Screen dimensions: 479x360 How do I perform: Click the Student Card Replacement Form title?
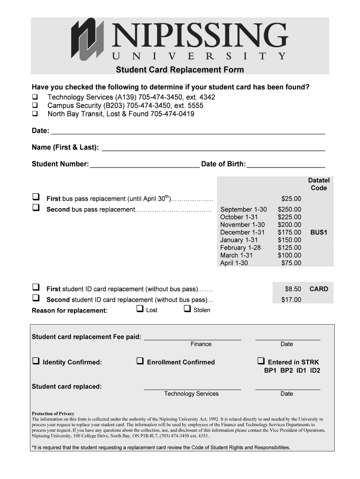pos(180,70)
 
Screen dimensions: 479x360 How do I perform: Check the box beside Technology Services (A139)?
pos(35,97)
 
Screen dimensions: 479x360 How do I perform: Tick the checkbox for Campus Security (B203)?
pos(35,106)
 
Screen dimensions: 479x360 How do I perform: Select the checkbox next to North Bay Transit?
pos(35,114)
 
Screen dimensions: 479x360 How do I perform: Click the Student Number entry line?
pos(144,164)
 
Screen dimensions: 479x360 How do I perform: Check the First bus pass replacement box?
pos(36,197)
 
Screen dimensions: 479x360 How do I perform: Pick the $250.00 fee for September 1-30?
pos(289,210)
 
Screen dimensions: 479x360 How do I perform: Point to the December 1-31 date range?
pos(242,232)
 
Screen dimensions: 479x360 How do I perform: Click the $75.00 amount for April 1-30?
pos(291,263)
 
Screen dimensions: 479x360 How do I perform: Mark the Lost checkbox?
pos(140,309)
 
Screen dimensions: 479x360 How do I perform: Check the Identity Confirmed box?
pos(36,361)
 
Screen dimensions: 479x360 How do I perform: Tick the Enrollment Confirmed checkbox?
pos(140,361)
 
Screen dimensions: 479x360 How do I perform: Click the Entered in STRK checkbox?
pos(261,361)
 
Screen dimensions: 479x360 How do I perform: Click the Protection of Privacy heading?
pos(53,414)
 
